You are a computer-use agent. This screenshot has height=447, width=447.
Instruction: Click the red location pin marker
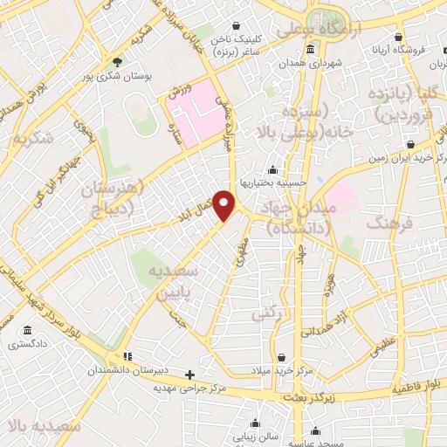[225, 205]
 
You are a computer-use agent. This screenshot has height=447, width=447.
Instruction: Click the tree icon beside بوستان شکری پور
[119, 61]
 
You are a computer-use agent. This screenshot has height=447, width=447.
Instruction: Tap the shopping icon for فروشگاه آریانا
[399, 38]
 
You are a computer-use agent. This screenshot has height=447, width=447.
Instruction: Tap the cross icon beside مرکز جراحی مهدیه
[189, 375]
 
